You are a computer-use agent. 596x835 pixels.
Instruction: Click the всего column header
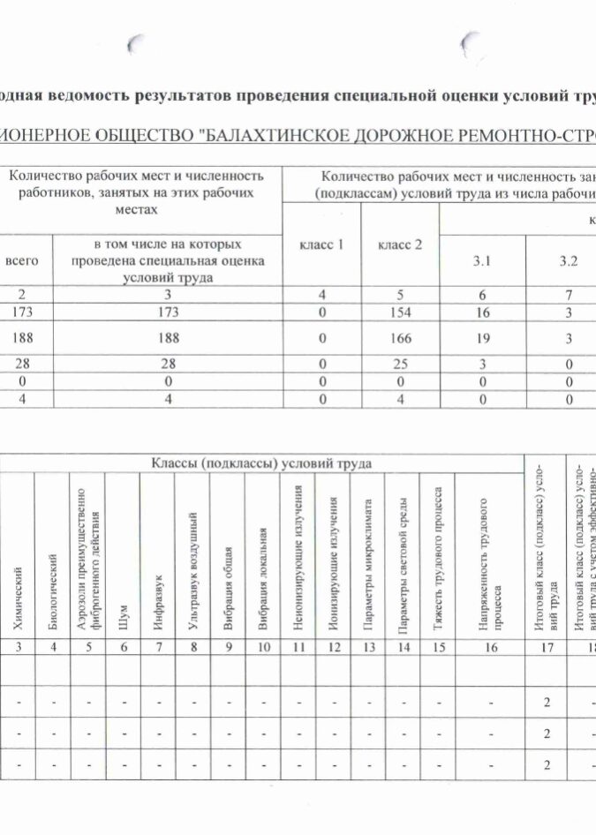point(23,261)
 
